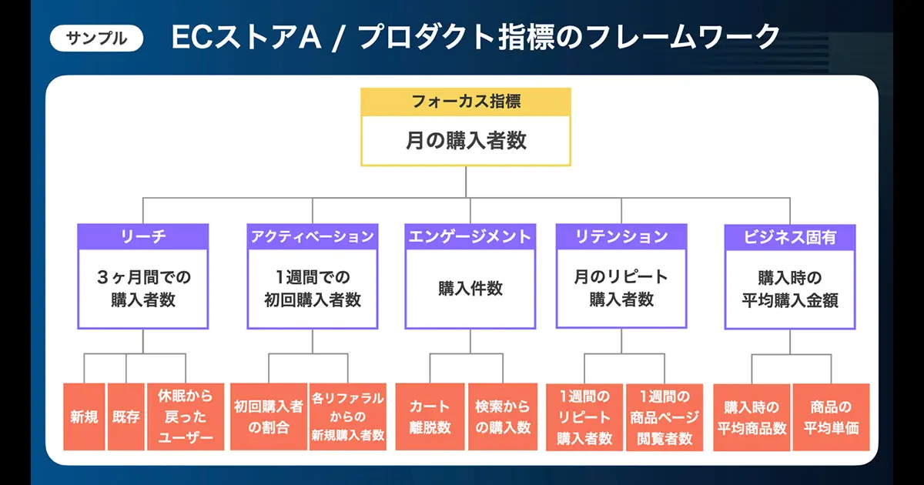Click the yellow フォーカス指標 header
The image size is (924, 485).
tap(467, 101)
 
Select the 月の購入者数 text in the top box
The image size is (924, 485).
tap(467, 141)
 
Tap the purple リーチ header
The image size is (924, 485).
tap(143, 236)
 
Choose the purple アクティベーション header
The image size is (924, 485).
tap(313, 236)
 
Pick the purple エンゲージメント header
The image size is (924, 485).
tap(469, 236)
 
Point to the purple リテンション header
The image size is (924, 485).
tap(621, 236)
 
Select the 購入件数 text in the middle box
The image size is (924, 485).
tap(469, 288)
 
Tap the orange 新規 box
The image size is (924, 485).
tap(84, 417)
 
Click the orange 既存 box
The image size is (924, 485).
tap(126, 417)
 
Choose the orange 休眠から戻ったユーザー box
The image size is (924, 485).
tap(186, 417)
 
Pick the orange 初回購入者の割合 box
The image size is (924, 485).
tap(269, 417)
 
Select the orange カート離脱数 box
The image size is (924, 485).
tap(430, 417)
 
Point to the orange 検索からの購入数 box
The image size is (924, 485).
tap(503, 417)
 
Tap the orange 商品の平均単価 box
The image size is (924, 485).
tap(831, 417)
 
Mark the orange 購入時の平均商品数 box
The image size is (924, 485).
tap(752, 417)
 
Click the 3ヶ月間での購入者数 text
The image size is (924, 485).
tap(143, 288)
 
